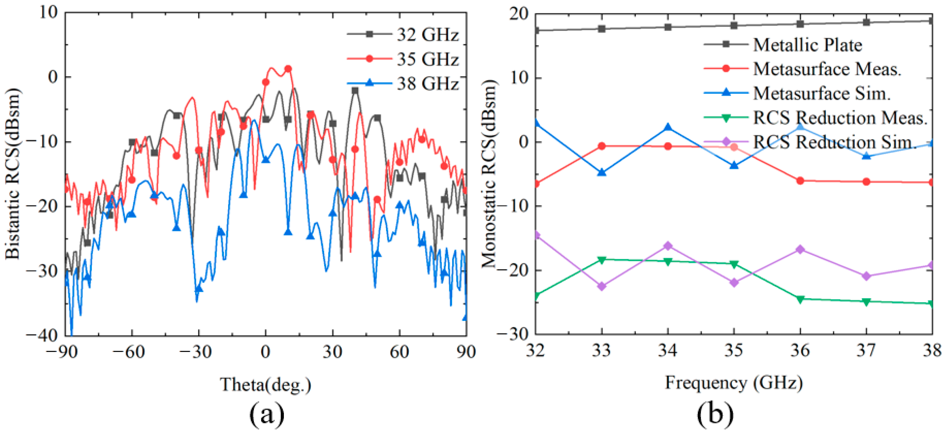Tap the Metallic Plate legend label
coord(807,45)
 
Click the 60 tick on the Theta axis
coord(399,352)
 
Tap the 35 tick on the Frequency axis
coord(734,350)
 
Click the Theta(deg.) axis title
coord(265,384)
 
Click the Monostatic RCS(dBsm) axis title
coord(489,173)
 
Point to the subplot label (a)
coord(267,414)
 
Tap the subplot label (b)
coord(715,414)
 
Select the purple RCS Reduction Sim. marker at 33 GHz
coord(601,286)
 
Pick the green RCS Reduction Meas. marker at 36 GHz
coord(800,299)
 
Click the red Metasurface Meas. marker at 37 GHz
coord(866,182)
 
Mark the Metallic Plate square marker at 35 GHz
coord(734,25)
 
